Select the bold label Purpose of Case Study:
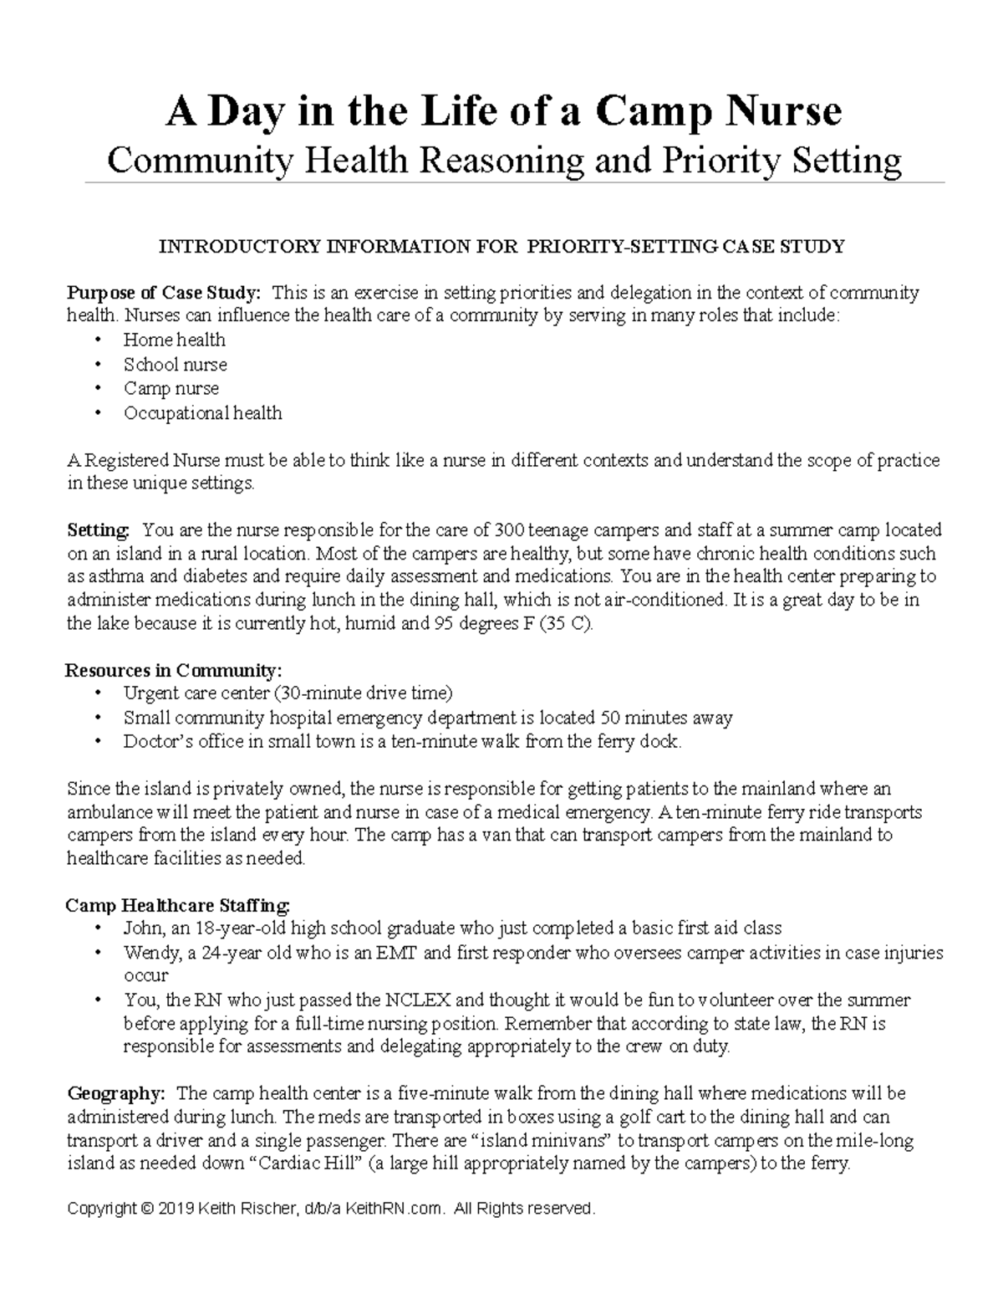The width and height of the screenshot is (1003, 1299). coord(164,293)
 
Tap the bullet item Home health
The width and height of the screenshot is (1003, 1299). coord(174,340)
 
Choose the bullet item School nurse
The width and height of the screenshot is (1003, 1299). coord(175,364)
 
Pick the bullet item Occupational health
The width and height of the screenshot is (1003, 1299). coord(202,412)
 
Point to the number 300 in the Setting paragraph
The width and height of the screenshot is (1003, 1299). coord(508,529)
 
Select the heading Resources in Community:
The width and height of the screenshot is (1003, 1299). coord(174,670)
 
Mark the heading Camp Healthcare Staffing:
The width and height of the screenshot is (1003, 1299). coord(178,905)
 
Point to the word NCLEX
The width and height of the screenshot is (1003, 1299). coord(418,1000)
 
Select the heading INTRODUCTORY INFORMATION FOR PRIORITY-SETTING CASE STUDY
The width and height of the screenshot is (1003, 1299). coord(501,246)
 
